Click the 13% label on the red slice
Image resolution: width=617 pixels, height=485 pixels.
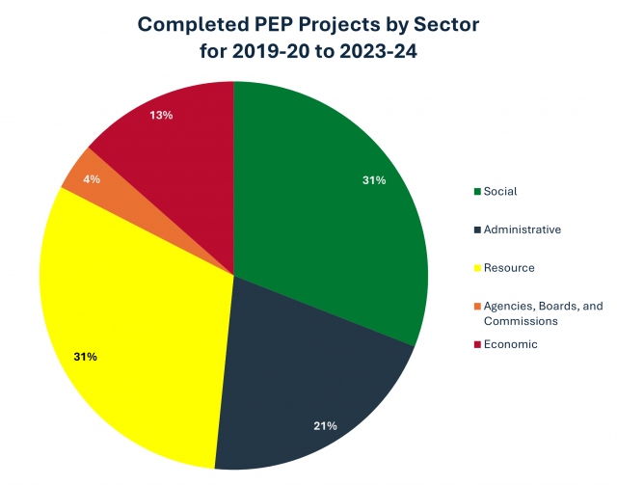pyautogui.click(x=161, y=116)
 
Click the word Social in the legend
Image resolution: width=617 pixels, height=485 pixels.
pyautogui.click(x=500, y=191)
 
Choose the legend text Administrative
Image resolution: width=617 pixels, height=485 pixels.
pyautogui.click(x=523, y=229)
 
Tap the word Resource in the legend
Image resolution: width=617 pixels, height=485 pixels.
pyautogui.click(x=509, y=267)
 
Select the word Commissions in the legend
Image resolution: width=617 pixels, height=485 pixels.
pyautogui.click(x=521, y=321)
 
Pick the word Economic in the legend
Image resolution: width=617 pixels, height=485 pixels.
pyautogui.click(x=511, y=344)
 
